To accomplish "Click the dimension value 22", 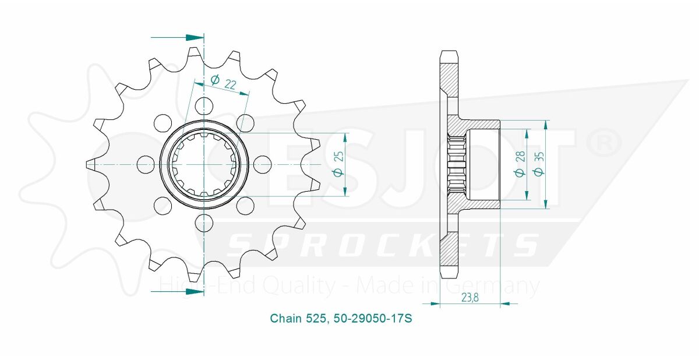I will pyautogui.click(x=230, y=85).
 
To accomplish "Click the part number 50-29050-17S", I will pyautogui.click(x=374, y=319).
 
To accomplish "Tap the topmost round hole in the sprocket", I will pyautogui.click(x=204, y=105).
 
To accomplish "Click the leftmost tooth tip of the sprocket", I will pyautogui.click(x=89, y=164).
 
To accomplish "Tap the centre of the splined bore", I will pyautogui.click(x=204, y=164).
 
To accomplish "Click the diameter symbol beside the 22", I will pyautogui.click(x=214, y=79).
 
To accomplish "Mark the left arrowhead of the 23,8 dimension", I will pyautogui.click(x=433, y=303).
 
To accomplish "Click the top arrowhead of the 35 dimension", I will pyautogui.click(x=546, y=124).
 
